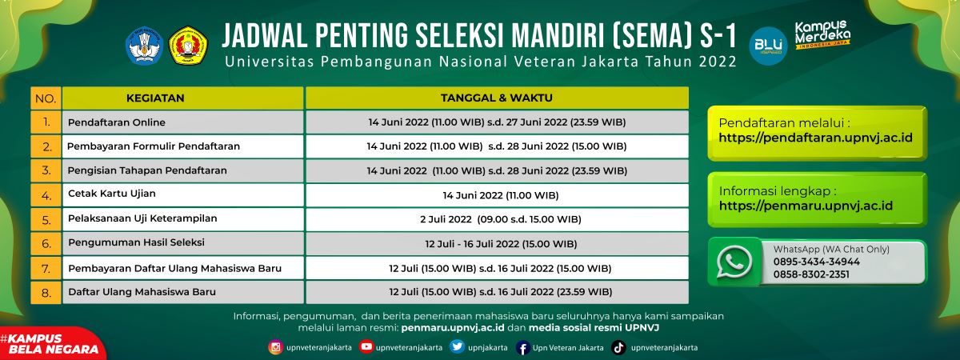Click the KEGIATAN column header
pyautogui.click(x=182, y=98)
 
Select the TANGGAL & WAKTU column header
pyautogui.click(x=497, y=98)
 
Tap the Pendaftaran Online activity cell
pyautogui.click(x=182, y=122)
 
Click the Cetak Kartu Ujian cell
pyautogui.click(x=182, y=195)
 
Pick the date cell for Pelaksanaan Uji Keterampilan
pyautogui.click(x=497, y=219)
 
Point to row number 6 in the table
pyautogui.click(x=46, y=243)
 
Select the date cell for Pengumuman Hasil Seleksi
pyautogui.click(x=497, y=243)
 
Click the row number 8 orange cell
pyautogui.click(x=46, y=293)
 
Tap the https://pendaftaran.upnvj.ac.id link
pyautogui.click(x=815, y=138)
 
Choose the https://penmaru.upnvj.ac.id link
pyautogui.click(x=806, y=206)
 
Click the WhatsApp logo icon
pyautogui.click(x=734, y=262)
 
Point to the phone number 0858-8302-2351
pyautogui.click(x=811, y=274)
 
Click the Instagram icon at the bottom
pyautogui.click(x=275, y=347)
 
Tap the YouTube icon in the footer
pyautogui.click(x=366, y=346)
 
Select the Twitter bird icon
pyautogui.click(x=458, y=346)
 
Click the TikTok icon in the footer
pyautogui.click(x=618, y=347)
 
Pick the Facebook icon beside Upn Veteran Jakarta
pyautogui.click(x=522, y=348)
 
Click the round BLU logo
pyautogui.click(x=769, y=46)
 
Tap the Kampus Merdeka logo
pyautogui.click(x=822, y=34)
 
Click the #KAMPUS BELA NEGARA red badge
pyautogui.click(x=50, y=344)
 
